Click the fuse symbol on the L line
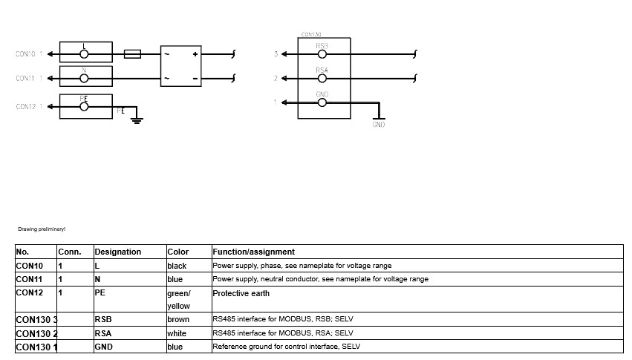point(132,54)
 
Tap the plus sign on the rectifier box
point(195,54)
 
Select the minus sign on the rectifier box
point(195,79)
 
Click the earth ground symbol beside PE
point(137,120)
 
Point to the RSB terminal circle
point(322,54)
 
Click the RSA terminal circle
point(322,78)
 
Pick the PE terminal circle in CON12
point(84,107)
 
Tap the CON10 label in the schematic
point(25,54)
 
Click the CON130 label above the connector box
point(310,35)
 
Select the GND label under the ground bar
point(379,125)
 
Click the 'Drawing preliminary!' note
point(42,229)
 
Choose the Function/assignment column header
point(253,252)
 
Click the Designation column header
point(117,252)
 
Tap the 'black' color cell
point(177,266)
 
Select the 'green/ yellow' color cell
point(178,300)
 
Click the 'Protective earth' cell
point(241,293)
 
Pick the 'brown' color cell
point(178,319)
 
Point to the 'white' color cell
point(177,333)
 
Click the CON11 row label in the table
point(29,279)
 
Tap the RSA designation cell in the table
point(102,333)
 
